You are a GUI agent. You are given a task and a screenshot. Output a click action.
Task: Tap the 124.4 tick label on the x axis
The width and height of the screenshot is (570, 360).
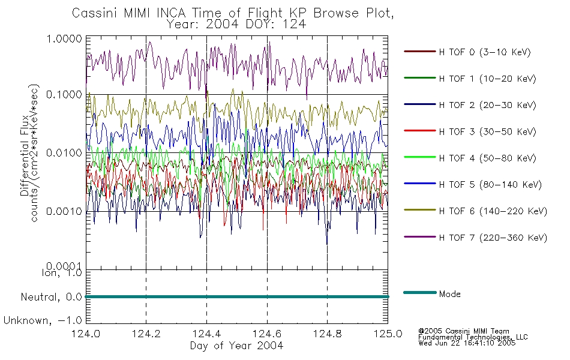pos(206,334)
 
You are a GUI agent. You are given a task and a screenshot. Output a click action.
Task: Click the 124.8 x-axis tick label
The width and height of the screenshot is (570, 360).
pos(327,334)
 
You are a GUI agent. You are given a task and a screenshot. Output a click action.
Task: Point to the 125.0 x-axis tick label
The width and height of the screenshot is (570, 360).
pos(388,334)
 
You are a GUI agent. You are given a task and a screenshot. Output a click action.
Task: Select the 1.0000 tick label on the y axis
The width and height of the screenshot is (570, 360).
pos(64,38)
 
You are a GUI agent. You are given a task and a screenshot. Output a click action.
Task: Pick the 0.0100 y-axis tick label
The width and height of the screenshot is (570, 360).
pos(64,153)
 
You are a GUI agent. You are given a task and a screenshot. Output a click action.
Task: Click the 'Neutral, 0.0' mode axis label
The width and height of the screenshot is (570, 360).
pos(51,298)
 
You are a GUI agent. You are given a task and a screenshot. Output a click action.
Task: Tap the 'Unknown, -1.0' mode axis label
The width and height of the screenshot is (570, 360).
pos(43,321)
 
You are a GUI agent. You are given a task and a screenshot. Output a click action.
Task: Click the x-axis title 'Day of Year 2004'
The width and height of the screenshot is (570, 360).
pos(236,346)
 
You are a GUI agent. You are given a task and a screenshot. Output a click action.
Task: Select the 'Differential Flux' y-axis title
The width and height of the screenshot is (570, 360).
pos(25,155)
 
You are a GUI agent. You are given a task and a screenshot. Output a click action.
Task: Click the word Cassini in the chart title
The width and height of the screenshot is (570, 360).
pos(95,13)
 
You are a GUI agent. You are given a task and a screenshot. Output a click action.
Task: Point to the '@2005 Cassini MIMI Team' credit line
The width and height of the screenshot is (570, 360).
pos(463,331)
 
